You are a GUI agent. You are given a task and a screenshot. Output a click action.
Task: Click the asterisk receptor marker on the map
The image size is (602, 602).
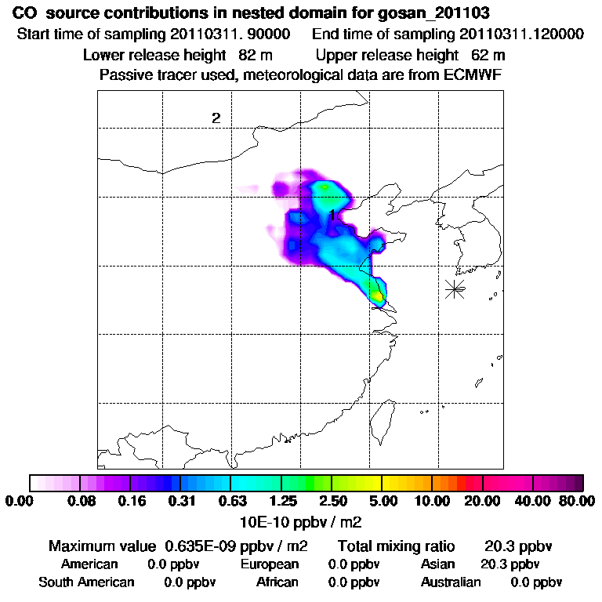click(x=455, y=288)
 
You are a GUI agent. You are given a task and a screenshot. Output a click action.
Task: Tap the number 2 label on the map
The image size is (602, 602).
click(x=216, y=118)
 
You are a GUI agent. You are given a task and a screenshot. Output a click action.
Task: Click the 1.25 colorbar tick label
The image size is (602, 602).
click(x=281, y=501)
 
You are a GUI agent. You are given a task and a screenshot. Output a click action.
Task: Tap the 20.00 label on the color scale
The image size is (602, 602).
click(x=483, y=501)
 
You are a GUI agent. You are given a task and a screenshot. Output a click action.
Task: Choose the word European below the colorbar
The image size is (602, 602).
click(x=269, y=564)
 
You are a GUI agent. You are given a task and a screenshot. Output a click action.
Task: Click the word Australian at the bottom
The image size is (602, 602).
click(x=451, y=582)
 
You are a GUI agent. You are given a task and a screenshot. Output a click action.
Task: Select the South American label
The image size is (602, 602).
click(x=86, y=582)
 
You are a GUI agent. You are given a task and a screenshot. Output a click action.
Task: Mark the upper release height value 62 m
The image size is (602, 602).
click(x=488, y=55)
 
